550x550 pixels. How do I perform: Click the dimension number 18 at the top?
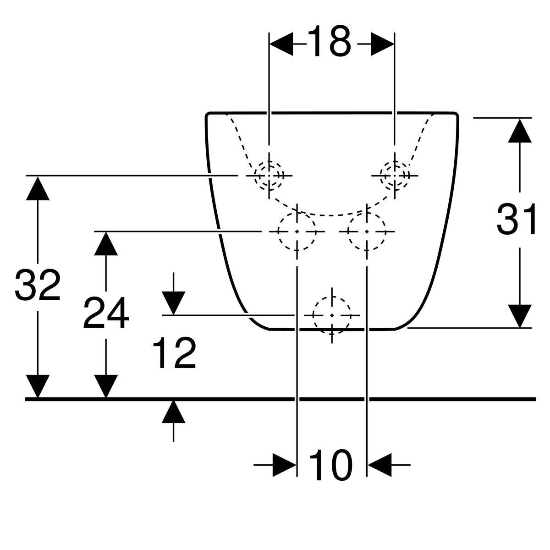[x=329, y=41]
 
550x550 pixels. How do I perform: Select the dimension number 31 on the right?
[x=516, y=220]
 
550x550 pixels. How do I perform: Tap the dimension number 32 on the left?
[x=38, y=284]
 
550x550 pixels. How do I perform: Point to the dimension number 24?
[x=106, y=312]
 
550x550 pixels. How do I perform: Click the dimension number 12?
[x=174, y=352]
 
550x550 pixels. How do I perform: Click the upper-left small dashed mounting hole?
[x=269, y=175]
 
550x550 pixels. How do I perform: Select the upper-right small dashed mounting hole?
[x=395, y=175]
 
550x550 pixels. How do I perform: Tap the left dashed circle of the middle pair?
[x=297, y=231]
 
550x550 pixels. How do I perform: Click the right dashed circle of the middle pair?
[x=367, y=231]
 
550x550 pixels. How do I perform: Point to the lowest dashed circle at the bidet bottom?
[x=332, y=315]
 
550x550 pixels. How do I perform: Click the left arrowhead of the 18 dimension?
[x=281, y=44]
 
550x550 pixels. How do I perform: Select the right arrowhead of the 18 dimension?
[x=382, y=44]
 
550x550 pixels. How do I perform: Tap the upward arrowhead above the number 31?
[x=519, y=131]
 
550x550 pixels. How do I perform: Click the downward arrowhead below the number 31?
[x=519, y=316]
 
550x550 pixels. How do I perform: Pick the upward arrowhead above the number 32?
[x=38, y=188]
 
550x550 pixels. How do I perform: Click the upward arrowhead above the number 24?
[x=106, y=243]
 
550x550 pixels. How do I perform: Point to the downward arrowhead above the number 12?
[x=174, y=303]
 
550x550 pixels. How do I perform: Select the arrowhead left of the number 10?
[x=284, y=465]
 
